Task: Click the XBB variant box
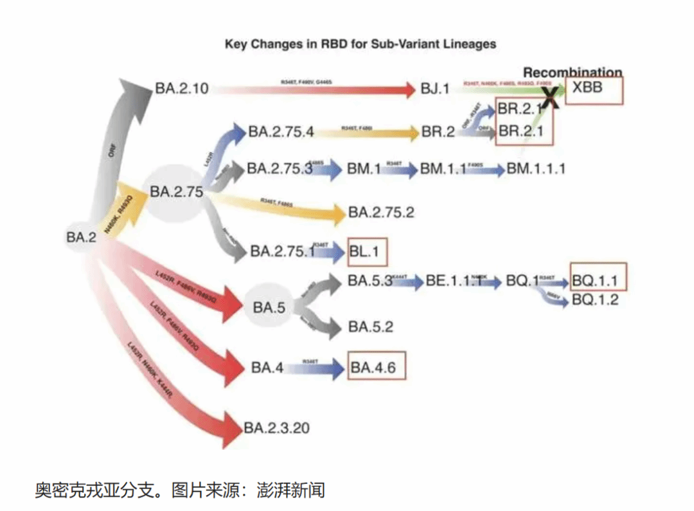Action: pos(594,89)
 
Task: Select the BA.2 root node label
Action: pos(81,237)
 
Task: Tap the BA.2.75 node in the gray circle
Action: pos(176,192)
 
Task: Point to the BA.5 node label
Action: pos(269,308)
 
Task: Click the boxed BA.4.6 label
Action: pos(377,368)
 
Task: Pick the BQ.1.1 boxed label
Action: pos(598,280)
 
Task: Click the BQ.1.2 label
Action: pos(595,300)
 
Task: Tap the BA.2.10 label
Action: pos(182,89)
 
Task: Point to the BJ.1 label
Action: pos(436,89)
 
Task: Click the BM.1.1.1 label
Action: pos(536,168)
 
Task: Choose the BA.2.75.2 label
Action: pos(381,212)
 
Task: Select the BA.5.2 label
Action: pos(371,327)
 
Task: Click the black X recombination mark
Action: pos(550,97)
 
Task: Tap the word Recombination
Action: pos(573,73)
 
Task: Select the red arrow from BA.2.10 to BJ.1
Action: pos(315,89)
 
